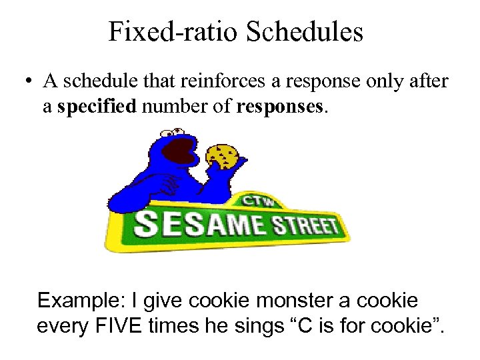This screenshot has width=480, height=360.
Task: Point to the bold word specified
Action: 96,107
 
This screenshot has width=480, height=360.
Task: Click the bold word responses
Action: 281,107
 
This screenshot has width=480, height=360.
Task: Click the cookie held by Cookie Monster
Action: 223,155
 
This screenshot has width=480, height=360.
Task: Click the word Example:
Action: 79,301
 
